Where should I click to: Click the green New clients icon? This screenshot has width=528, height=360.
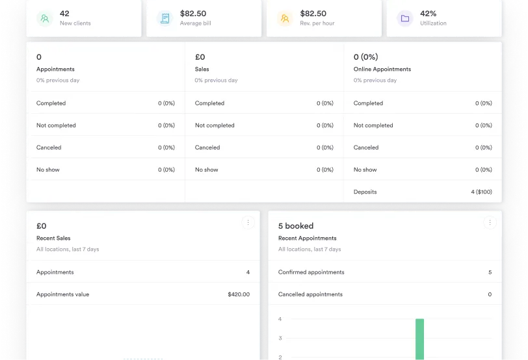44,18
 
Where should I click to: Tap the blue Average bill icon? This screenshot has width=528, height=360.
165,18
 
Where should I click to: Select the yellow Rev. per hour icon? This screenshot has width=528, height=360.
284,18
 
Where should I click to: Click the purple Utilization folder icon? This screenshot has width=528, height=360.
404,18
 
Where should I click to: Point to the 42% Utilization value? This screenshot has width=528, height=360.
428,13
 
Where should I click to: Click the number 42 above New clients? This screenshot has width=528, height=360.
64,13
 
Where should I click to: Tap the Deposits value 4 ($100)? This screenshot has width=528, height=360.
481,192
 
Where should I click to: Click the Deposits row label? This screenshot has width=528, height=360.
365,192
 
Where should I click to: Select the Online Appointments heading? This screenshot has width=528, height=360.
382,69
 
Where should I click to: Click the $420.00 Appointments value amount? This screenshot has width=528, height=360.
239,294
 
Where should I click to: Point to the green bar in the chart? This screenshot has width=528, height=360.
419,338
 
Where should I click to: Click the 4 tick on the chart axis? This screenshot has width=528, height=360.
280,319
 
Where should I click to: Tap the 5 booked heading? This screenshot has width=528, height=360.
295,226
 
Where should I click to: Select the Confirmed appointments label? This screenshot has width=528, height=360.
311,272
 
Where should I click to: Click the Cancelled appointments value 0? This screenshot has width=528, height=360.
490,294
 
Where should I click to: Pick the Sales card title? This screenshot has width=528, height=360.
202,69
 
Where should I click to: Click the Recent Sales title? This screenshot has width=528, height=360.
53,238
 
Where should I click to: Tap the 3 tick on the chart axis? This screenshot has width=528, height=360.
280,338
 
